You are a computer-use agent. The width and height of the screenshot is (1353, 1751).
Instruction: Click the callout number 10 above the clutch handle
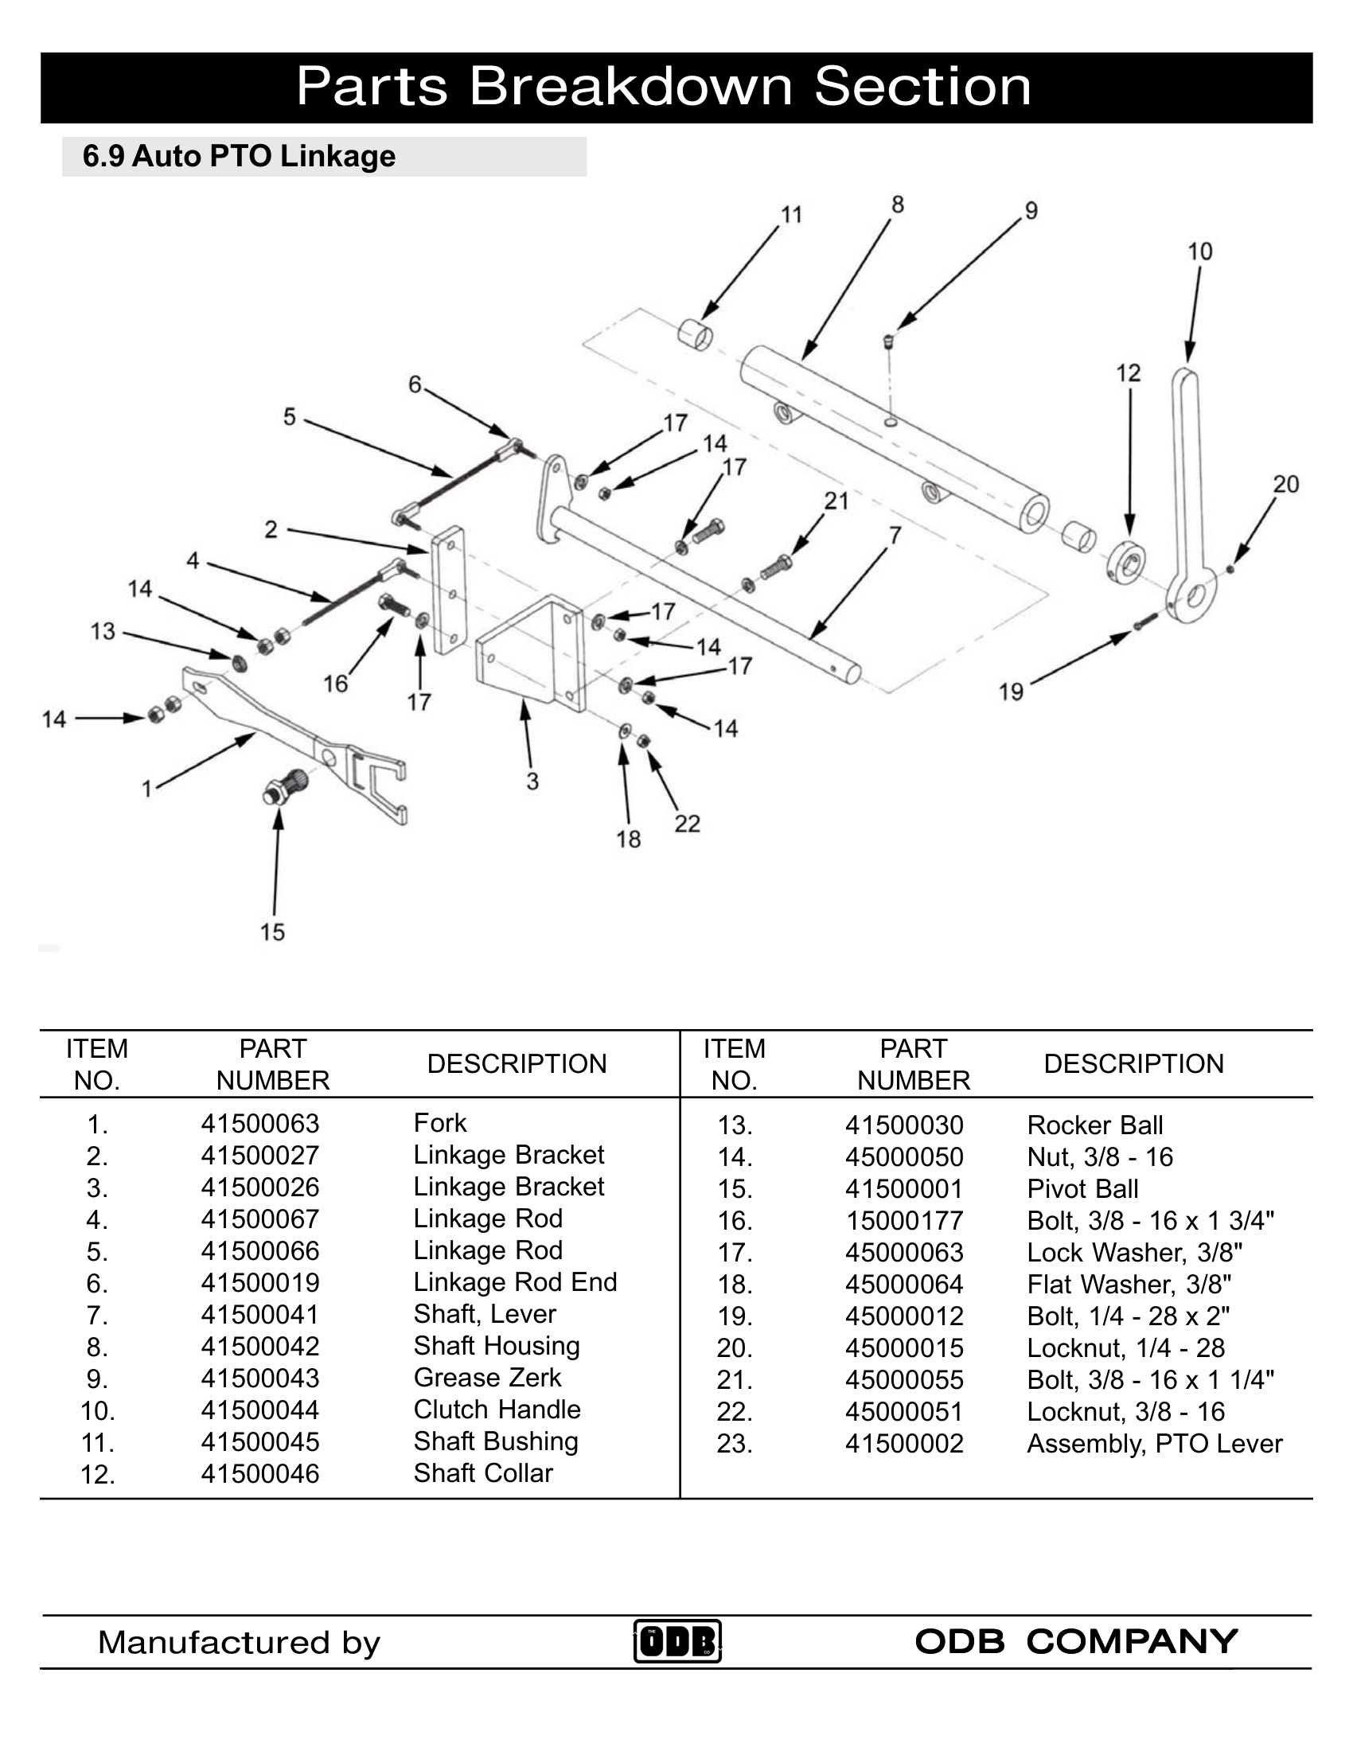point(1199,252)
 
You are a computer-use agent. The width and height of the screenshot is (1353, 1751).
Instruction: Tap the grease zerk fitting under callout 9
point(888,341)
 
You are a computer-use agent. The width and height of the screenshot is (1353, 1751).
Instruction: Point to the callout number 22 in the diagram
point(687,824)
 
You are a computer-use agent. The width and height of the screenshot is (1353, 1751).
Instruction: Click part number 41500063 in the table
point(259,1123)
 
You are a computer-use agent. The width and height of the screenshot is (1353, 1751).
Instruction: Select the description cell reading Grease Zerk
point(486,1378)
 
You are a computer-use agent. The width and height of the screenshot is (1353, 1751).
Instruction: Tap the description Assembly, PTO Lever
point(1154,1443)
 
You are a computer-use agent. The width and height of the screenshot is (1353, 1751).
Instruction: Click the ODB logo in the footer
point(677,1641)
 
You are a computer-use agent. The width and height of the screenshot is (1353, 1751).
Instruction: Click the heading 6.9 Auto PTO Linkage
point(239,156)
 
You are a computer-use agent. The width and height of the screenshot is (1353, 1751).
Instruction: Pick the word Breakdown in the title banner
point(631,87)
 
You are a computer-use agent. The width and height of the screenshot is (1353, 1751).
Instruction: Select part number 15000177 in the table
point(904,1220)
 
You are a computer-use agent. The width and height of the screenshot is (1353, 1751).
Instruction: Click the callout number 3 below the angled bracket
point(532,781)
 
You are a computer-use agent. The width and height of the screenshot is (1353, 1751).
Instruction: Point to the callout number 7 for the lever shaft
point(895,535)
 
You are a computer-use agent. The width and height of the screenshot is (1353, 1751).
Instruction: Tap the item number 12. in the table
point(98,1474)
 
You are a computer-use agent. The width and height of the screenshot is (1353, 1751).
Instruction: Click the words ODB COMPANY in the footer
point(1076,1641)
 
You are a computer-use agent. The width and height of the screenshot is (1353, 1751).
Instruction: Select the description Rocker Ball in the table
point(1094,1125)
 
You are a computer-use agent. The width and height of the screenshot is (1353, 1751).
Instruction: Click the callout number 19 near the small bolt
point(1011,691)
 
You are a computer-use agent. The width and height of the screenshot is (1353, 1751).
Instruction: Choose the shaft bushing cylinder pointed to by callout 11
point(695,335)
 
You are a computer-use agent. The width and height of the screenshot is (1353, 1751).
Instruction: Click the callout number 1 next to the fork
point(146,789)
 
